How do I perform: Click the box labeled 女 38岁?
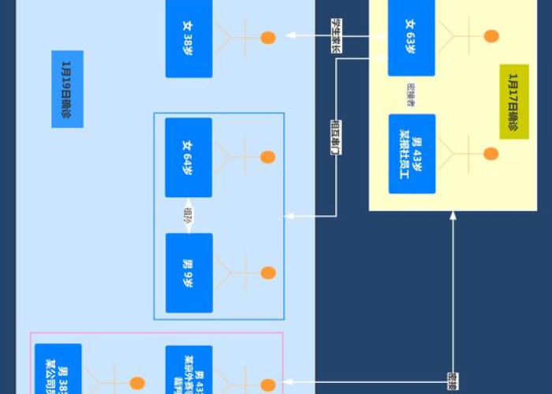[188, 38]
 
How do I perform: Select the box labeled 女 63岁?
[411, 37]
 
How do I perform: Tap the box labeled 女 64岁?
[188, 157]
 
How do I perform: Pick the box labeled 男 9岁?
[188, 273]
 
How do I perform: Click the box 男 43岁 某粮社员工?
[412, 154]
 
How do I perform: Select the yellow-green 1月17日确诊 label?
[514, 102]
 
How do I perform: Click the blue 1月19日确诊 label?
[67, 89]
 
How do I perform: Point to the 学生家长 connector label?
[336, 35]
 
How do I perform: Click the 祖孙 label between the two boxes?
[188, 215]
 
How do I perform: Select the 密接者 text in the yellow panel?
[411, 95]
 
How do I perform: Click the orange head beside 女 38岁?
[268, 37]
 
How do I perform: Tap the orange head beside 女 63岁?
[491, 36]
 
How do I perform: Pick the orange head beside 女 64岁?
[268, 158]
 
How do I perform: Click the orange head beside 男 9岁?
[268, 273]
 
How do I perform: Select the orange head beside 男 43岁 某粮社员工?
[490, 154]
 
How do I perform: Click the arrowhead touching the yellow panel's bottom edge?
[453, 216]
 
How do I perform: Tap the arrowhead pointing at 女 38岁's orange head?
[290, 35]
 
